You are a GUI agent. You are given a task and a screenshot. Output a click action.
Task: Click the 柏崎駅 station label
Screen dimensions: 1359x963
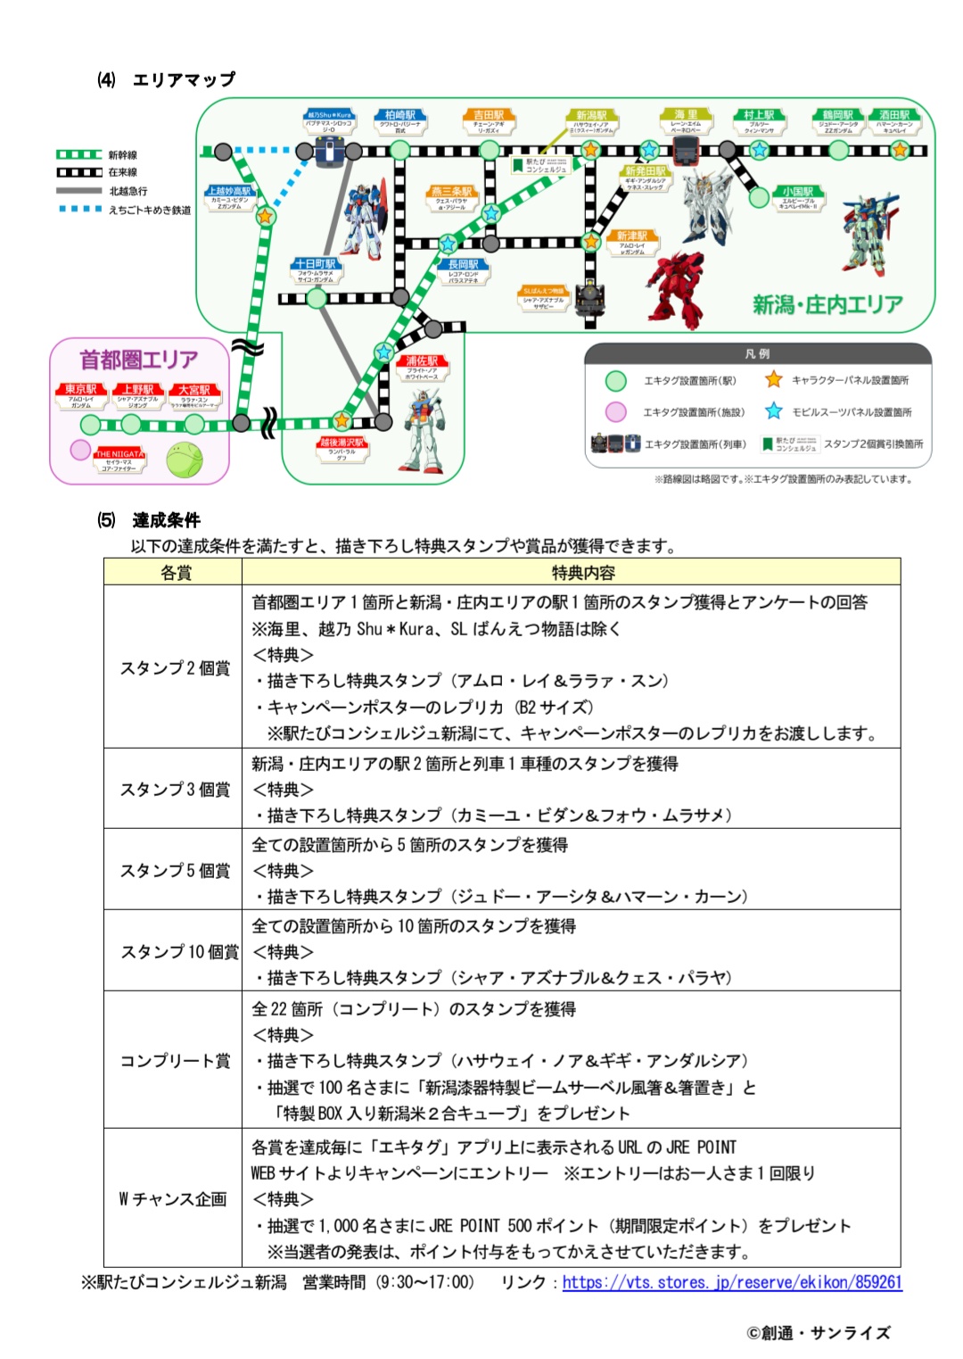tap(400, 116)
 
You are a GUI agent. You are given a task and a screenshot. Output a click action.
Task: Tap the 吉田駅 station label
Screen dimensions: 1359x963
tap(489, 116)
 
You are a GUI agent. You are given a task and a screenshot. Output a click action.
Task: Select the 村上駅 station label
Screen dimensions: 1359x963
tap(759, 116)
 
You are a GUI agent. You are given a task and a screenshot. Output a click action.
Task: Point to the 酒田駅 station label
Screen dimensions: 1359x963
tap(894, 116)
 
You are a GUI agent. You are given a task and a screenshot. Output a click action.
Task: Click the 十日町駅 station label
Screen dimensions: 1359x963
tap(317, 265)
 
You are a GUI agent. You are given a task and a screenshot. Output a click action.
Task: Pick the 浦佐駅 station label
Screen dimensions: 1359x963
tap(422, 361)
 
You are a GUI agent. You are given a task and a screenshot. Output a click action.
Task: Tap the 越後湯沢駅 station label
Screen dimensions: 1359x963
tap(342, 443)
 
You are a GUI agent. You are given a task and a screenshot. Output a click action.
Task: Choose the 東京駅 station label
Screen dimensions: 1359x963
tap(80, 390)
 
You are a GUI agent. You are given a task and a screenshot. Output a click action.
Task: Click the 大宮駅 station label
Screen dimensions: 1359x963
tap(193, 390)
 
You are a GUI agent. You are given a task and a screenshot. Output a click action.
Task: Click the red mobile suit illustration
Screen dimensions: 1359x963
tap(676, 290)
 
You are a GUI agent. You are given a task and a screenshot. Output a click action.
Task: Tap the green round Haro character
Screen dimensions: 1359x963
tap(185, 460)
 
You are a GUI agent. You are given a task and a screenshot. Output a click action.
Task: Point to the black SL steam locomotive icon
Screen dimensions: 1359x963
tap(589, 298)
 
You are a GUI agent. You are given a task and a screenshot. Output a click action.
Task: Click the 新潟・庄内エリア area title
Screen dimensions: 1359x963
tap(827, 305)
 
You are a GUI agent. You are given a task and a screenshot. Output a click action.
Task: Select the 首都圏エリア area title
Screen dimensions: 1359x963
tap(139, 360)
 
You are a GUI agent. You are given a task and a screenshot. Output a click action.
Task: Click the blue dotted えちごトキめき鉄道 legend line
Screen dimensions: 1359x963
tap(79, 210)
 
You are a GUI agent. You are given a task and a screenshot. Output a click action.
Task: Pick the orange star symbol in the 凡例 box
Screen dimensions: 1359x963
tap(773, 380)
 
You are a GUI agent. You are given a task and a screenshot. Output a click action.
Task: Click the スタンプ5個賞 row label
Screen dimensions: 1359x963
tap(175, 870)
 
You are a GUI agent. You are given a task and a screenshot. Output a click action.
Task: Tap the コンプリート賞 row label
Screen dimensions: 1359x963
tap(175, 1060)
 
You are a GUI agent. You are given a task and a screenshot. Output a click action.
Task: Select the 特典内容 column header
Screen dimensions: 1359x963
tap(582, 573)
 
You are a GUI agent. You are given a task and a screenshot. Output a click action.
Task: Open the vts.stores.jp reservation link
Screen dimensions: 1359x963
tap(732, 1282)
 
